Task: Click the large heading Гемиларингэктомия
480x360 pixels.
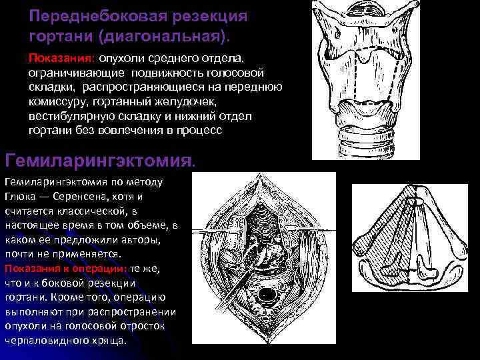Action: click(x=100, y=160)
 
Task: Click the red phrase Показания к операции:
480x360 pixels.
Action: click(x=65, y=268)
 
